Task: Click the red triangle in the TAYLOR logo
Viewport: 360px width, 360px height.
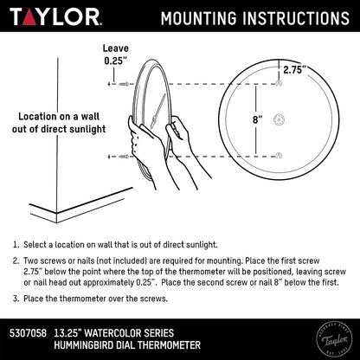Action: tap(29, 18)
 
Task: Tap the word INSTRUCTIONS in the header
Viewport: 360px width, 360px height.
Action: tap(296, 18)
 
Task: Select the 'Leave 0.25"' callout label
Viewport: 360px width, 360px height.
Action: tap(116, 55)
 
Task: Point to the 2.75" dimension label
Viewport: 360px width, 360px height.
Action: tap(294, 70)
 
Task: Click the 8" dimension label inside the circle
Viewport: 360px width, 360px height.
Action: tap(258, 119)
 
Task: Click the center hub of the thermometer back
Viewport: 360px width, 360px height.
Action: tap(280, 119)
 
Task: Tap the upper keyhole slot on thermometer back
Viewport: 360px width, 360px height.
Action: tap(279, 83)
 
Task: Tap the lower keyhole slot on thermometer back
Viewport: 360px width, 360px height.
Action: tap(279, 155)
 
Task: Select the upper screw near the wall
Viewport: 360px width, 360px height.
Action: tap(124, 84)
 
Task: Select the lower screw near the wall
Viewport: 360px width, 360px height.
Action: tap(124, 157)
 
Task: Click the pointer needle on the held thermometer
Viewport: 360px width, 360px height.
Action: tap(158, 110)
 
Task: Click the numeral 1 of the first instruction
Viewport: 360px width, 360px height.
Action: tap(16, 245)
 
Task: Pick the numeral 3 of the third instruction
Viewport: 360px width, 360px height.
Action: tap(16, 299)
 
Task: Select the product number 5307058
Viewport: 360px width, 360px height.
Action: tap(28, 333)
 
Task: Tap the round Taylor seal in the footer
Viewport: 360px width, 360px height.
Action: tap(334, 339)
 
